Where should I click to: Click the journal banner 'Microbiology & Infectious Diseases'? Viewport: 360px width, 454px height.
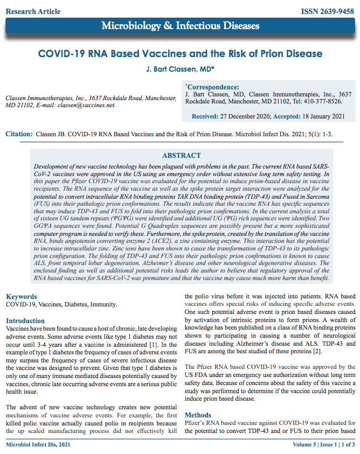tap(181, 26)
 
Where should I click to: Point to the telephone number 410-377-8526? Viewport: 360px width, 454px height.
tap(319, 101)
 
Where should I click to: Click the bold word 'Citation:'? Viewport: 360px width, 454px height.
tap(19, 135)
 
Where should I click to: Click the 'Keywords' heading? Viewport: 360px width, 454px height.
tap(22, 297)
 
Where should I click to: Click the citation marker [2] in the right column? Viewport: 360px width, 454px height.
tap(318, 352)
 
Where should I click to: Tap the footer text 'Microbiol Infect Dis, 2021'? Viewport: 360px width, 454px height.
tap(38, 445)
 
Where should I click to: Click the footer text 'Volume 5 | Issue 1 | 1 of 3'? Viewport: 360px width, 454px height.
tap(324, 445)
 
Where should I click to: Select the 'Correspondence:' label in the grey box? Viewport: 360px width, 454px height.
tap(212, 87)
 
